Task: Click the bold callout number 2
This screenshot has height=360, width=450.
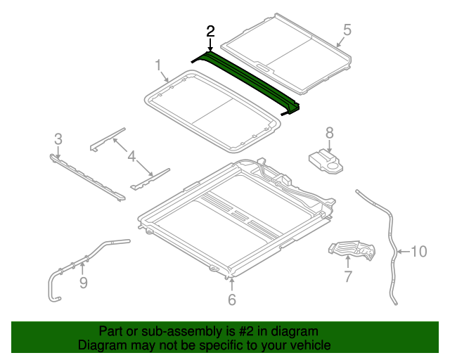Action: (x=210, y=32)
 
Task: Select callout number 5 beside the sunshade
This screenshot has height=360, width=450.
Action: (x=347, y=30)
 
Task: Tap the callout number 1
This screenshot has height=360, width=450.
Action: (x=159, y=65)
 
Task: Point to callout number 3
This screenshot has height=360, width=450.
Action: (x=58, y=139)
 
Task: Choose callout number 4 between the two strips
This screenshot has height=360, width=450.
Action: (x=131, y=157)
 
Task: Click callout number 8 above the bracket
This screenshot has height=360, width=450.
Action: (x=330, y=133)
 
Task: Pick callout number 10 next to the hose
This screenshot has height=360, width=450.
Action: (x=419, y=252)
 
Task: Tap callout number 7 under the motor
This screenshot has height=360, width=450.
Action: (x=348, y=276)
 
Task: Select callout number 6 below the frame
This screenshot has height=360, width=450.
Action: (x=232, y=300)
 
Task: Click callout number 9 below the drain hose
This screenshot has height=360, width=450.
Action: (x=83, y=283)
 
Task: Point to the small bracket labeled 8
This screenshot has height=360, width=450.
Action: (x=326, y=162)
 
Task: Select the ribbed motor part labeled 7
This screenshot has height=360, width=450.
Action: (x=352, y=250)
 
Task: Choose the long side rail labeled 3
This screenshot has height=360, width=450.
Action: (x=87, y=177)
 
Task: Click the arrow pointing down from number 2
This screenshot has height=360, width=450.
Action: (x=210, y=45)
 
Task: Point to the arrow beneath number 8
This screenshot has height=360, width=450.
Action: (x=329, y=146)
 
